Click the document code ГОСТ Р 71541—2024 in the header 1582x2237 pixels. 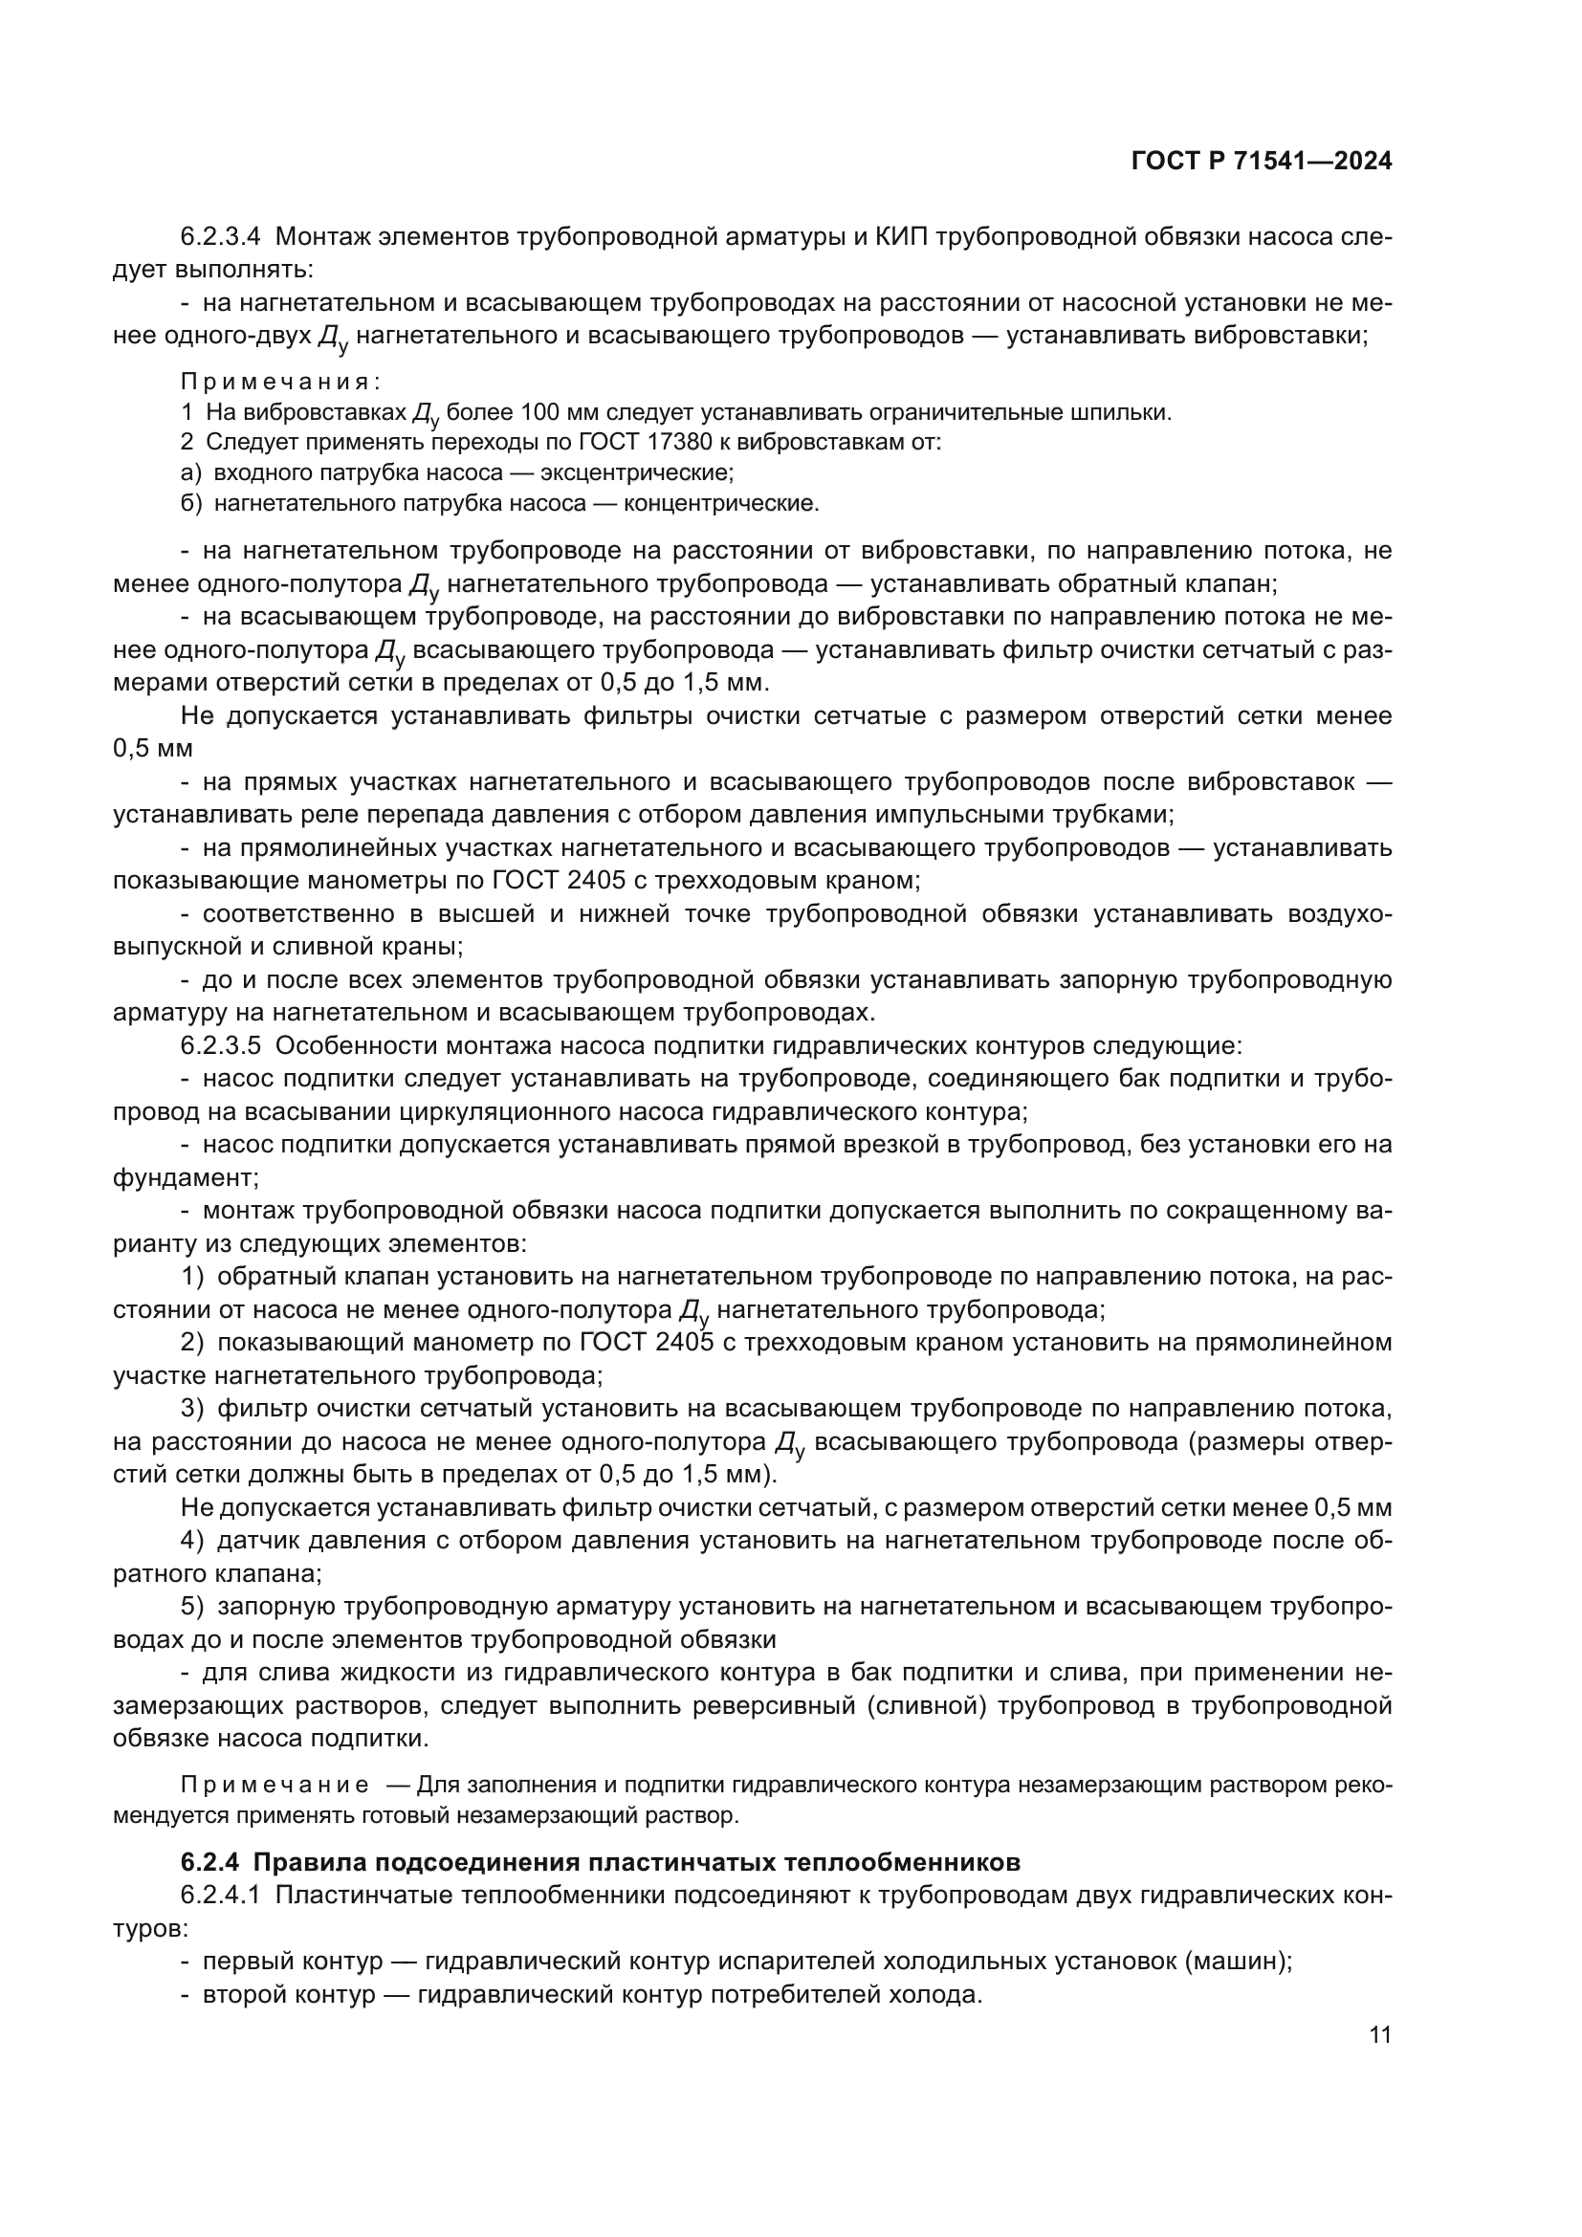point(1262,162)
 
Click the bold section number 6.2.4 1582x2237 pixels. point(209,1862)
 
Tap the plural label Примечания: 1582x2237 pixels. point(279,381)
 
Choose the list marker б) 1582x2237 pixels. point(191,504)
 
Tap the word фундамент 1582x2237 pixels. point(183,1178)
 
